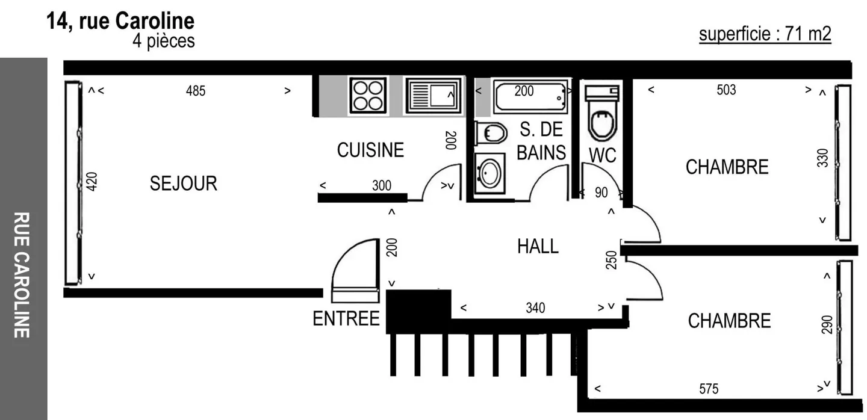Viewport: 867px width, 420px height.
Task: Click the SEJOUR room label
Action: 183,184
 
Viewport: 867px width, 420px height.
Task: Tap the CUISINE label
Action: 370,150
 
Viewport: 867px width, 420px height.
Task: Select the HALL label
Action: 538,246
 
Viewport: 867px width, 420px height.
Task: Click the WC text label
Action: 602,155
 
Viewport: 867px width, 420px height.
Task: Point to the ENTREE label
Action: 346,319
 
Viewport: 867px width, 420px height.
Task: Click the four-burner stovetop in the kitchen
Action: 368,96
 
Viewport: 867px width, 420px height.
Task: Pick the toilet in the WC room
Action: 602,114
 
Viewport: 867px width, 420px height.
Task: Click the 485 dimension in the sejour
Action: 195,91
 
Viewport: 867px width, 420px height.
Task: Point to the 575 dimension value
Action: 709,389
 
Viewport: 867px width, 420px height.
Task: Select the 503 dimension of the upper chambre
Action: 726,90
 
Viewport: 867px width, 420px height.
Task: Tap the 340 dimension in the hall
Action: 535,308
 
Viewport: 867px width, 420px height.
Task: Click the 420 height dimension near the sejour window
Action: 92,182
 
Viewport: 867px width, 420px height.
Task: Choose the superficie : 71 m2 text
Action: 765,34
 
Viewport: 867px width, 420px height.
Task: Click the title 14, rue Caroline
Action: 120,21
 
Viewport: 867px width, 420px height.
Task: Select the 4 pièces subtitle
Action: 164,42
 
